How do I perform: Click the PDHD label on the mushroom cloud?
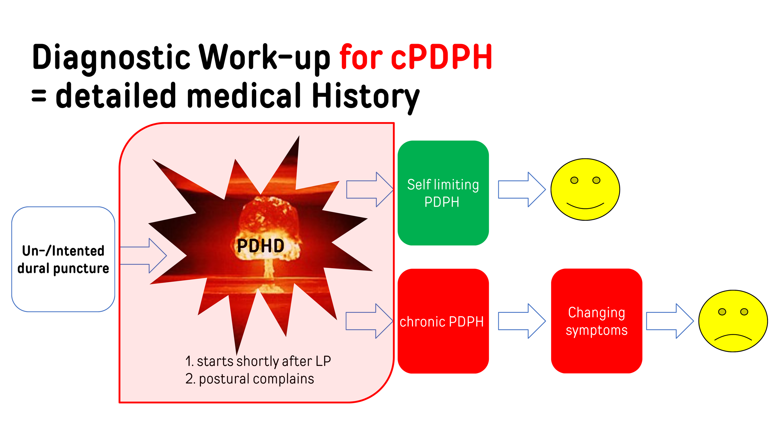tap(261, 246)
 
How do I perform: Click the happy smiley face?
tap(585, 190)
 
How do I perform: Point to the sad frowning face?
tap(733, 321)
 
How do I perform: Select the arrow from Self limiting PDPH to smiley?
tap(522, 190)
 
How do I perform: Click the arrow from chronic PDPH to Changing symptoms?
tap(522, 321)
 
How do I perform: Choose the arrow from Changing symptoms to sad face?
tap(670, 321)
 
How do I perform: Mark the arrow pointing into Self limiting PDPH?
tap(370, 190)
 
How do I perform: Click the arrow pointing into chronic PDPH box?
tap(369, 321)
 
